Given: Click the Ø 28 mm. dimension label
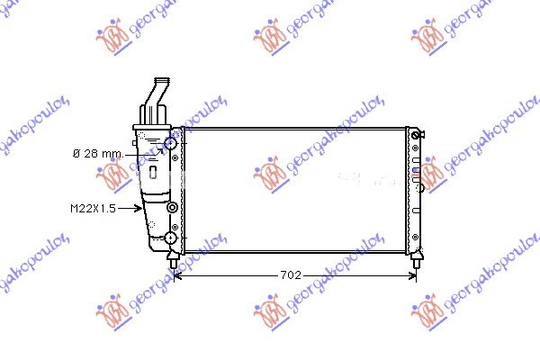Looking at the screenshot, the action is click(98, 154).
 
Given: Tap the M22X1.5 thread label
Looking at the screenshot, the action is click(93, 209).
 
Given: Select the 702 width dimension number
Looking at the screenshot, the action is click(291, 274).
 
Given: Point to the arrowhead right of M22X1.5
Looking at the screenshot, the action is click(138, 208).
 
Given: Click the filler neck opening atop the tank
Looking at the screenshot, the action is click(162, 81).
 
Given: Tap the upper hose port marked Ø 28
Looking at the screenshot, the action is click(170, 143).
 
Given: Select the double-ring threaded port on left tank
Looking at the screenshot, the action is click(172, 207).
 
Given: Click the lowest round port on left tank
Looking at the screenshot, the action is click(170, 238).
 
